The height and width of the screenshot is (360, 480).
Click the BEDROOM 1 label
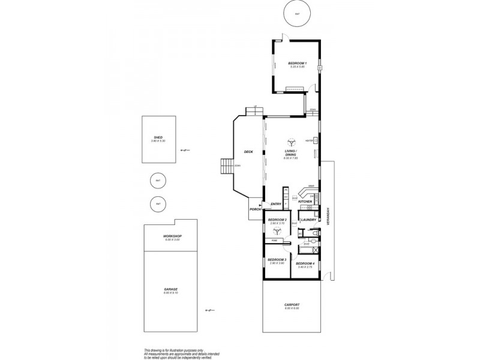click(x=297, y=64)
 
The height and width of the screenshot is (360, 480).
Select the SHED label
click(x=158, y=137)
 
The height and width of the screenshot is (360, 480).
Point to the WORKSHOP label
click(x=172, y=236)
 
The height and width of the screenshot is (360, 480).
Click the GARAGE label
click(x=171, y=289)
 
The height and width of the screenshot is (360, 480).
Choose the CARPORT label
click(x=292, y=305)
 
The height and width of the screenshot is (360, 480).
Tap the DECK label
click(x=248, y=152)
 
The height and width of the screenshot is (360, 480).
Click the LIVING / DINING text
click(x=291, y=152)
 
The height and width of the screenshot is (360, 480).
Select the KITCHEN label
click(x=305, y=202)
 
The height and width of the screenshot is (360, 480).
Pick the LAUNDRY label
click(x=308, y=220)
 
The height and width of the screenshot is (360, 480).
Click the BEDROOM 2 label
click(x=277, y=220)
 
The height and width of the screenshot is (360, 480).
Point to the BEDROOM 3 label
click(x=277, y=260)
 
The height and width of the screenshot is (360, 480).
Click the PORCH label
click(x=254, y=210)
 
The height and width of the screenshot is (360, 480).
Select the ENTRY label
click(x=276, y=204)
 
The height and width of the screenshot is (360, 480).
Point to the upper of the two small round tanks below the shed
click(x=158, y=180)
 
